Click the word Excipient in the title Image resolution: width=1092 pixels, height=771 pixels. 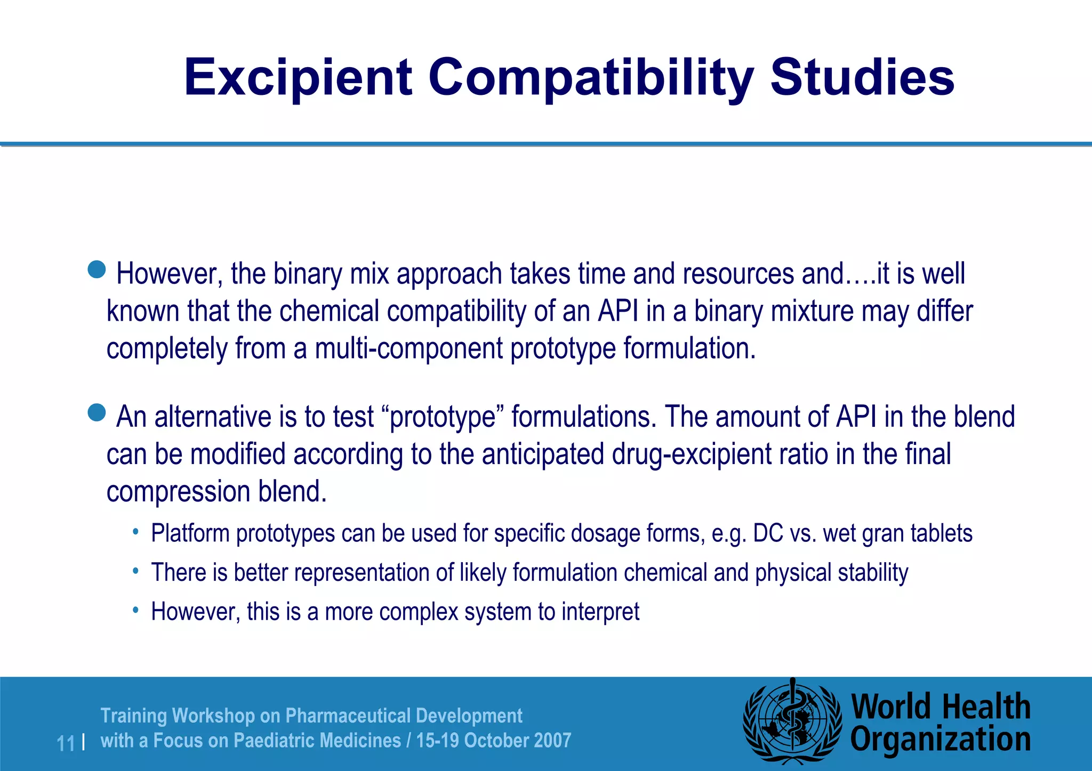[298, 78]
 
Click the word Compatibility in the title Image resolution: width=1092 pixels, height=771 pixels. [590, 78]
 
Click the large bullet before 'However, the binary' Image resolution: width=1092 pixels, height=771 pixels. [97, 270]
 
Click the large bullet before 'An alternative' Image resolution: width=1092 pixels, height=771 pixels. [97, 412]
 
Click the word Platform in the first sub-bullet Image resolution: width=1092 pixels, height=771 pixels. [190, 534]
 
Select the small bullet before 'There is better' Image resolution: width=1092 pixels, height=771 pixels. [136, 571]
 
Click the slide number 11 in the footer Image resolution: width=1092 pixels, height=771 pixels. [66, 743]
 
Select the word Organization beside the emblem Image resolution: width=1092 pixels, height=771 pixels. [940, 740]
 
